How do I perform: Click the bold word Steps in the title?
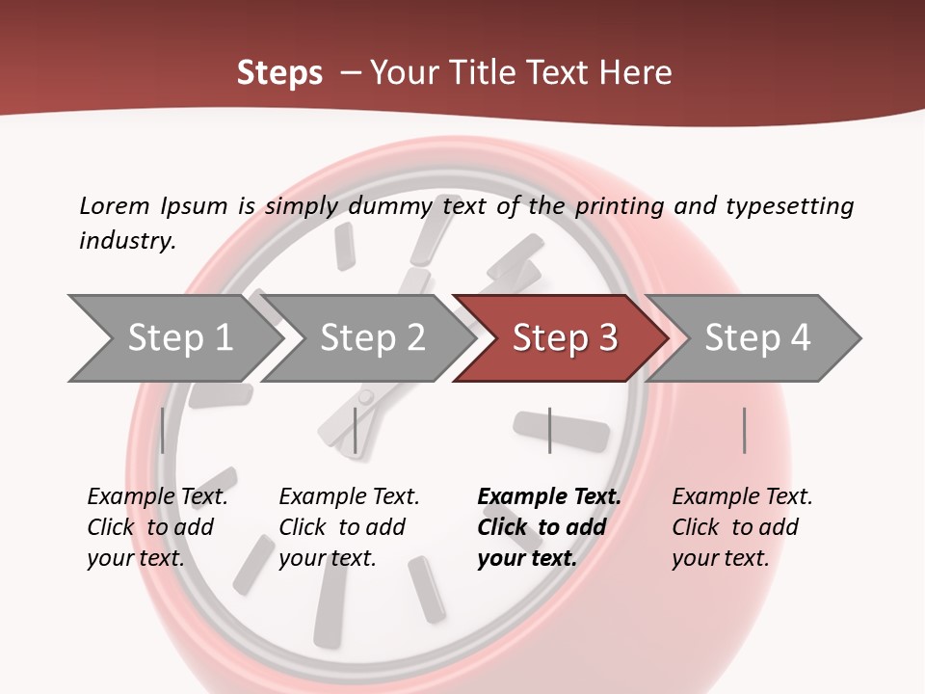tap(279, 73)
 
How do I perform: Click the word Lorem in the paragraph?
tap(114, 206)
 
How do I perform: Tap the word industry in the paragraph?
tap(127, 241)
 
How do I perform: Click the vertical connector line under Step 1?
tap(162, 430)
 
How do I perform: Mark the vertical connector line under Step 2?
tap(356, 430)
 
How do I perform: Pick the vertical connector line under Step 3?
tap(549, 430)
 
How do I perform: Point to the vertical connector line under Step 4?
tap(744, 430)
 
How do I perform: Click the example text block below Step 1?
tap(157, 527)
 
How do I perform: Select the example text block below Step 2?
tap(349, 527)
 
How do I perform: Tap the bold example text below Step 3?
tap(549, 527)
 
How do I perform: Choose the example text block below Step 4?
tap(742, 527)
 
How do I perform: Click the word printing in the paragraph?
tap(619, 206)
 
